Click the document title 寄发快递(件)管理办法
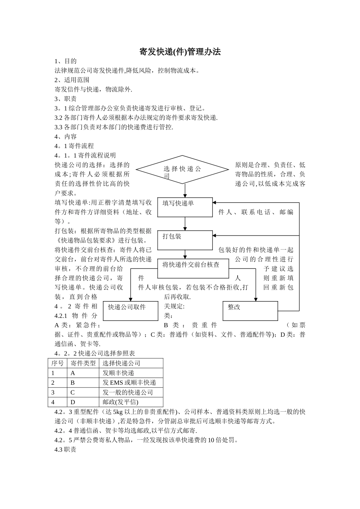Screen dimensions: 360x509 pyautogui.click(x=180, y=52)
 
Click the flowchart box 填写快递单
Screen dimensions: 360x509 pyautogui.click(x=185, y=207)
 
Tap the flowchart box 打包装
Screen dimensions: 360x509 pyautogui.click(x=185, y=240)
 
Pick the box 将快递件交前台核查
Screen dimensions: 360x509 pyautogui.click(x=193, y=268)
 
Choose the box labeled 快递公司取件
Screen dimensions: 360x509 pyautogui.click(x=131, y=311)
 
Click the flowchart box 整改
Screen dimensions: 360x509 pyautogui.click(x=250, y=311)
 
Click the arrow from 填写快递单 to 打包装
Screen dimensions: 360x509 pyautogui.click(x=185, y=223)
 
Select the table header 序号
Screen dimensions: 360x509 pyautogui.click(x=58, y=363)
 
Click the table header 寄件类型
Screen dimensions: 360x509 pyautogui.click(x=83, y=363)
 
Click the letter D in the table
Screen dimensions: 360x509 pyautogui.click(x=73, y=402)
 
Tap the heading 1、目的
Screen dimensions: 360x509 pyautogui.click(x=66, y=61)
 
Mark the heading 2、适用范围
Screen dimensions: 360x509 pyautogui.click(x=72, y=80)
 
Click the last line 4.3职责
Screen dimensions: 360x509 pyautogui.click(x=66, y=450)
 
